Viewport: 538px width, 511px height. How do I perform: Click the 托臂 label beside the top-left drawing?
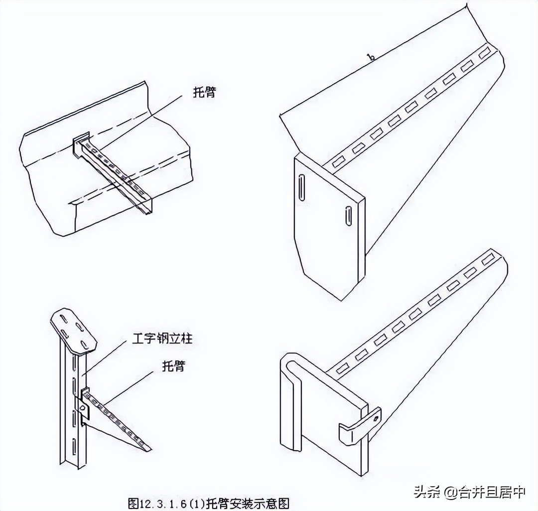[204, 93]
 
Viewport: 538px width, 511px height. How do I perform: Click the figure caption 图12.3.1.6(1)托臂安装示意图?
[209, 503]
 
